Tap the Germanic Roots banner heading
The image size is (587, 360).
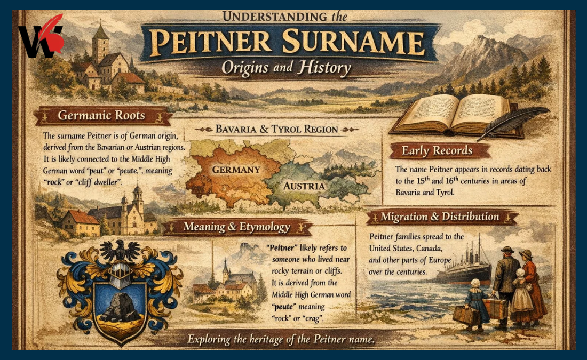click(x=101, y=115)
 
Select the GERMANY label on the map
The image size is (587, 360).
click(x=236, y=170)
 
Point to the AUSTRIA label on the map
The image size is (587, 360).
click(x=304, y=186)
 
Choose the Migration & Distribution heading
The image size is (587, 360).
click(x=440, y=217)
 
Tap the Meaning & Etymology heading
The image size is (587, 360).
click(x=236, y=227)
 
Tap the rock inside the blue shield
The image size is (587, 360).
click(x=120, y=308)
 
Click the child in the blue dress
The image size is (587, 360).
click(x=477, y=301)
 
